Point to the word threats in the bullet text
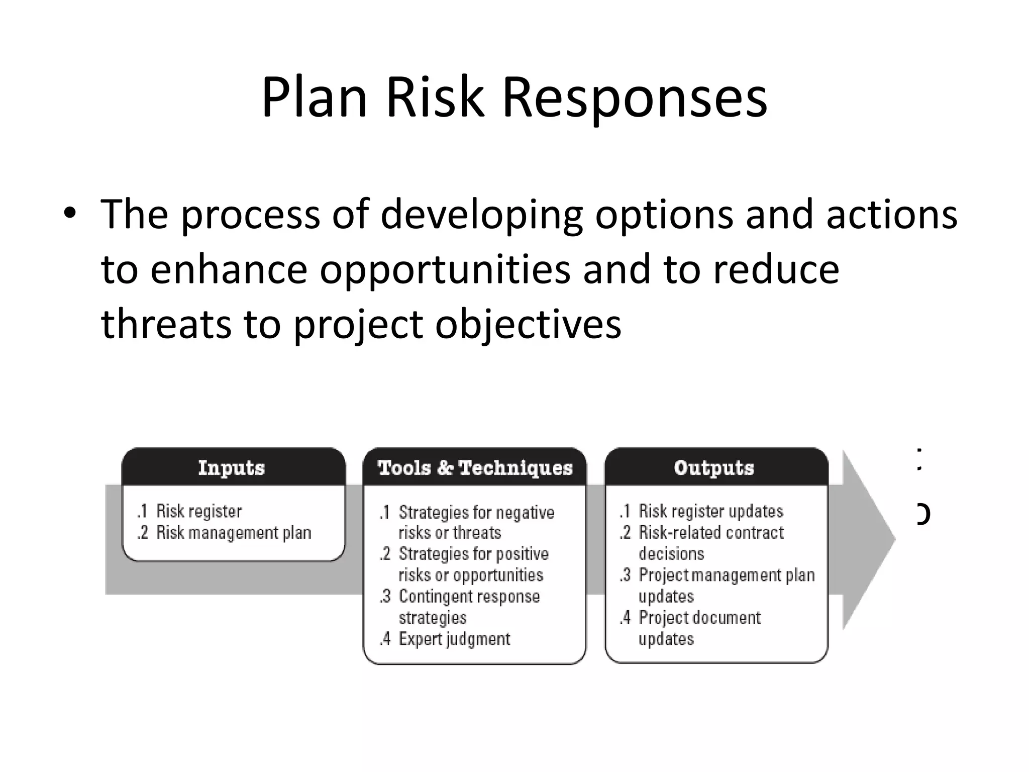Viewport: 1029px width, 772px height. click(x=166, y=324)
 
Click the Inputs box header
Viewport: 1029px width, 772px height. click(x=232, y=467)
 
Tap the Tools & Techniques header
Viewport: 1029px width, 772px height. click(x=475, y=467)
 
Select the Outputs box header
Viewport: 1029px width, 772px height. click(x=714, y=467)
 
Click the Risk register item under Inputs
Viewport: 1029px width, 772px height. click(x=198, y=511)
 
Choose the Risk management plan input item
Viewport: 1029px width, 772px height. click(x=233, y=532)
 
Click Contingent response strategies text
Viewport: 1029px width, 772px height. click(x=468, y=607)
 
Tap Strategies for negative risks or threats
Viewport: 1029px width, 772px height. click(x=475, y=522)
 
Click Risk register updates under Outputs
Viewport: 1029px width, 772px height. click(x=710, y=511)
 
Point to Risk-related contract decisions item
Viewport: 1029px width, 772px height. click(x=710, y=542)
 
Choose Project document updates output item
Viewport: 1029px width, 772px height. click(x=698, y=628)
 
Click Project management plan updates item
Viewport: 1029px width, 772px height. click(x=726, y=585)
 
